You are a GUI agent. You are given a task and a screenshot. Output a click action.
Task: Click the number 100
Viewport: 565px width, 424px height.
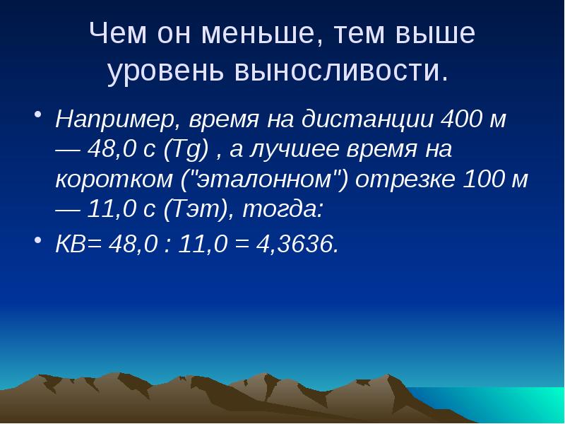(483, 179)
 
